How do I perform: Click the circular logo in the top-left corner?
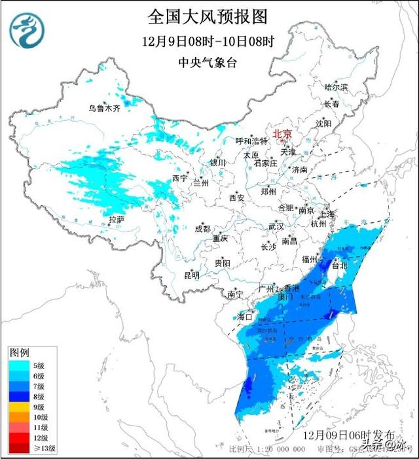tap(29, 30)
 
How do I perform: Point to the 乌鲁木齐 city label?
tap(105, 109)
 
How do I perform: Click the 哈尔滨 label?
tap(337, 87)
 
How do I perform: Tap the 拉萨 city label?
tap(116, 219)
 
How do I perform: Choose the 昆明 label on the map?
tap(191, 275)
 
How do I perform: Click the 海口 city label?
tap(244, 316)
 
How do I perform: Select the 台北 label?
tap(340, 266)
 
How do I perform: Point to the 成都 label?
tap(202, 228)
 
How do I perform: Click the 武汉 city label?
tap(276, 226)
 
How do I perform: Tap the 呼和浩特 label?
tap(252, 141)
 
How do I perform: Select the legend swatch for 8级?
tap(19, 396)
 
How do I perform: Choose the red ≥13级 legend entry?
tap(19, 448)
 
